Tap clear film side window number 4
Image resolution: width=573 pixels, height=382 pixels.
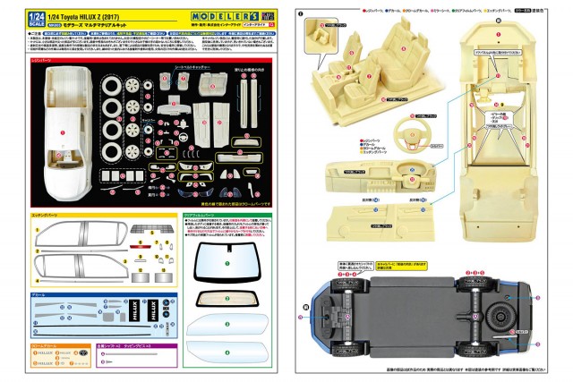pyautogui.click(x=227, y=352)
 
